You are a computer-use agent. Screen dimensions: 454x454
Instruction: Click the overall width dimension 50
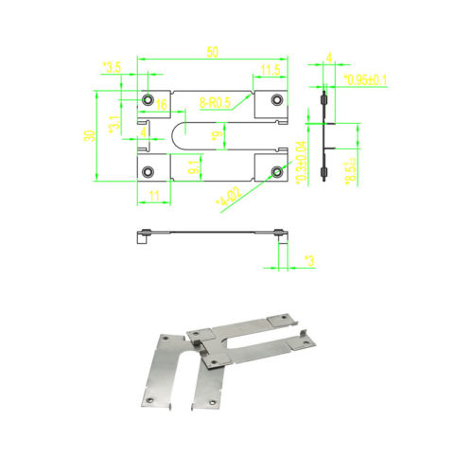tap(213, 50)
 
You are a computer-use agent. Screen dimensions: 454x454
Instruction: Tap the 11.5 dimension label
tap(270, 69)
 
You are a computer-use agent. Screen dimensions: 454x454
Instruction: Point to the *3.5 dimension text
tap(112, 67)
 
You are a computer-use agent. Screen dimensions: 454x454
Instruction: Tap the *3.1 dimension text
tap(114, 122)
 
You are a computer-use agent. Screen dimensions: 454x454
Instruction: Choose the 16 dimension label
tap(162, 103)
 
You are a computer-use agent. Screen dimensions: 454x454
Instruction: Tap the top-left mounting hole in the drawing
tap(148, 99)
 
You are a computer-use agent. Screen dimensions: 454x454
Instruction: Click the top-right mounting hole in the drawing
tap(276, 99)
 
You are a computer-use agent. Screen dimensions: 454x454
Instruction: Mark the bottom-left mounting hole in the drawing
tap(148, 171)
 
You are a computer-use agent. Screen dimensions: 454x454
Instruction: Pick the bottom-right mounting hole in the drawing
tap(276, 171)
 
